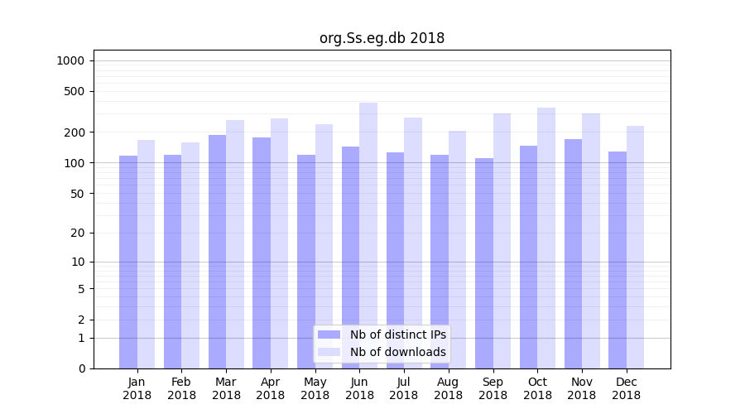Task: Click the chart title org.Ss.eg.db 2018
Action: tap(382, 38)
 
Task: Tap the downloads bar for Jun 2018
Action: tap(368, 235)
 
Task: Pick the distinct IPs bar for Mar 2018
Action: tap(217, 252)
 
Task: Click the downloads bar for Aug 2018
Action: tap(457, 249)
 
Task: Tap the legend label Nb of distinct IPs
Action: tap(397, 335)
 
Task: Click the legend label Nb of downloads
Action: tap(397, 352)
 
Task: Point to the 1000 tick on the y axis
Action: tap(70, 60)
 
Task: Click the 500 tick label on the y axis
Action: tap(74, 91)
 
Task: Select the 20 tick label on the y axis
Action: tap(77, 233)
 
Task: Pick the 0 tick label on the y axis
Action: tap(81, 368)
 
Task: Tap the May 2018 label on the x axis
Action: tap(315, 388)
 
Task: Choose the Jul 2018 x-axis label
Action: tap(404, 388)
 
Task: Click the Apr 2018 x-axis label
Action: tap(271, 388)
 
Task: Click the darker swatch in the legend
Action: tap(329, 335)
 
